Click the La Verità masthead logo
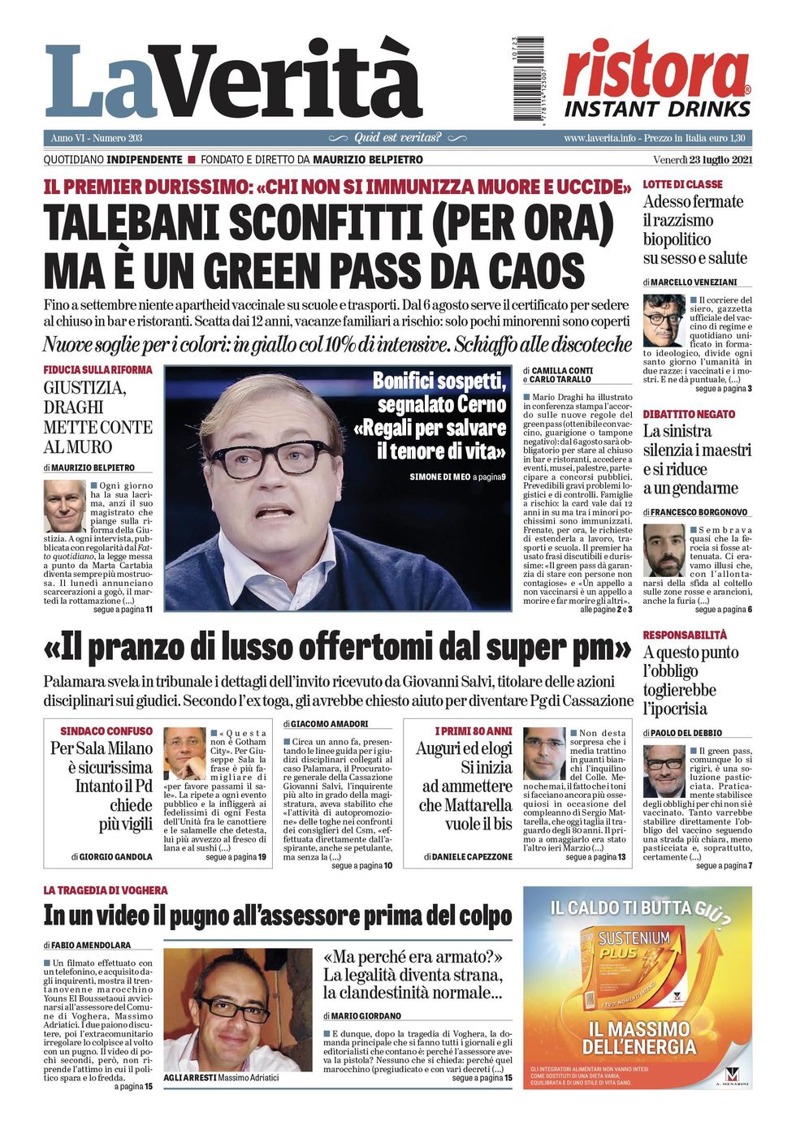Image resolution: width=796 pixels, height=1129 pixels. (x=234, y=82)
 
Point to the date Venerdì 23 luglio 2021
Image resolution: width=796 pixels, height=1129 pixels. (x=703, y=160)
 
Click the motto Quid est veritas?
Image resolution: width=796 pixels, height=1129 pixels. (x=397, y=138)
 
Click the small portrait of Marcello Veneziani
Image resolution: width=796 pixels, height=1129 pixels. (x=663, y=320)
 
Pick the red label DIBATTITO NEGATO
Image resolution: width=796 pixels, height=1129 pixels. (x=689, y=414)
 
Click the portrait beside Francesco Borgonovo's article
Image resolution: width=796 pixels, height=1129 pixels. (x=664, y=549)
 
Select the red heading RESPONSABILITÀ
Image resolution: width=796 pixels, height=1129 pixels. (x=685, y=635)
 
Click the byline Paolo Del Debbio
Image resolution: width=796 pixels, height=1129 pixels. (x=687, y=733)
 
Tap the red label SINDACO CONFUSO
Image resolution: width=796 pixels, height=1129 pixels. (x=106, y=731)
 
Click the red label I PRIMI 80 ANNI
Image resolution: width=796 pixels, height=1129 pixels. (x=473, y=731)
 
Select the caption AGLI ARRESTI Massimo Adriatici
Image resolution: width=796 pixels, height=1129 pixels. (x=221, y=1077)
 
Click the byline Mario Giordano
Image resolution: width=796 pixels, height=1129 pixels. (x=366, y=1015)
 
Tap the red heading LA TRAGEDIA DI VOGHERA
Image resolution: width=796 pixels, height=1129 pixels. (x=106, y=890)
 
